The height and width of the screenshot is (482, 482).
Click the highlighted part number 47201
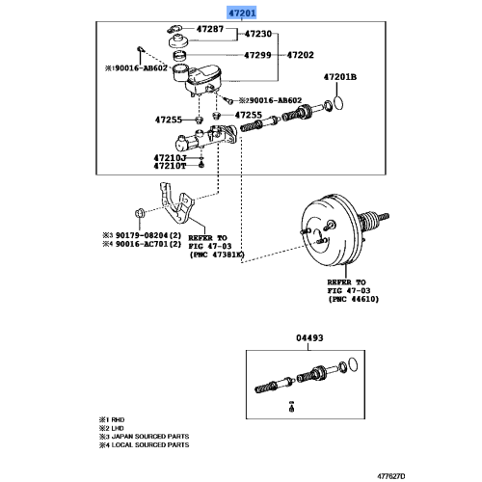tap(241, 13)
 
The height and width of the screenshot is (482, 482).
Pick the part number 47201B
tap(340, 76)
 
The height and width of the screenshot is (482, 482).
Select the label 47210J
tap(170, 156)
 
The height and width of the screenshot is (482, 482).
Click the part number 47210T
tap(170, 166)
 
